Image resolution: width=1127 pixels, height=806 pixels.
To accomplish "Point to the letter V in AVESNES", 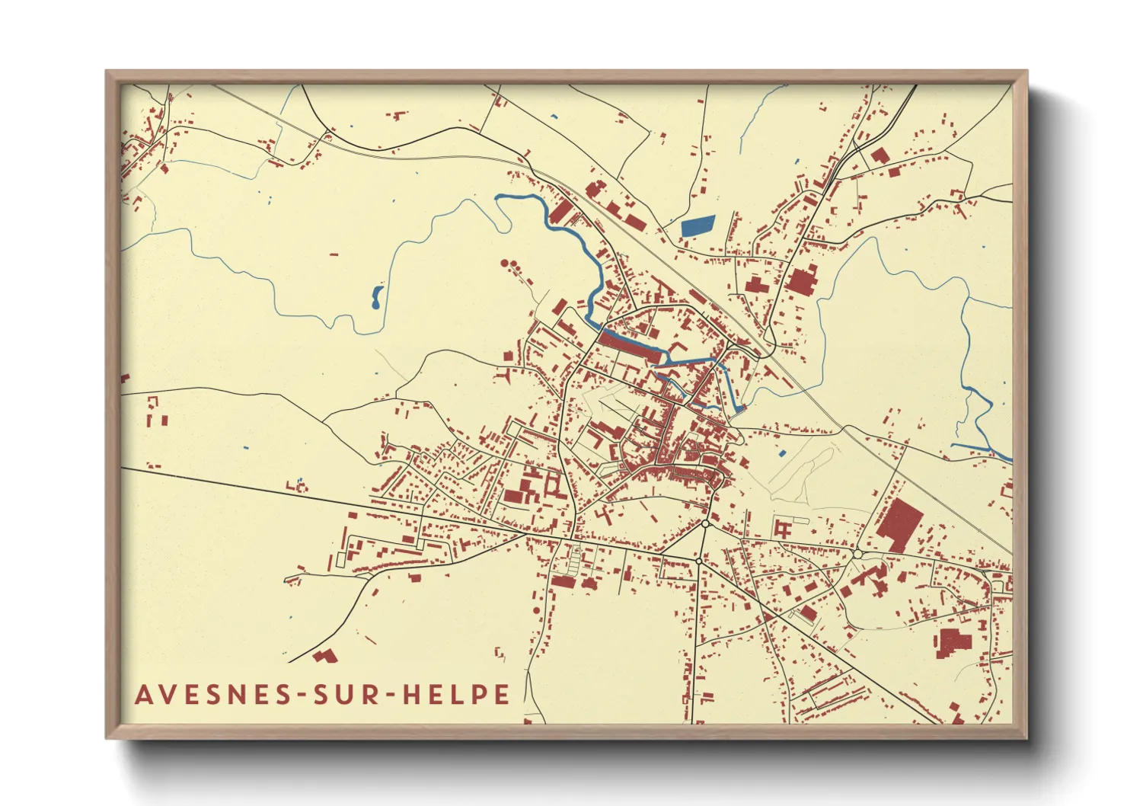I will pos(168,695).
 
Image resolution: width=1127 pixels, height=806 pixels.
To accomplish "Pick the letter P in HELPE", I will pos(477,695).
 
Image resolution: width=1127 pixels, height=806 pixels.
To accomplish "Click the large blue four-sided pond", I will pos(697,225).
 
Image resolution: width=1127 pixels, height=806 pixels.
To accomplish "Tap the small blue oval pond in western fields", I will pos(376,297).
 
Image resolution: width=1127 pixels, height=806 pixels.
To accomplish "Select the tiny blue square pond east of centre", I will pos(782,454).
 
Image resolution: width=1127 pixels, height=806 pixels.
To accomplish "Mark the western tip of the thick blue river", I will pos(498,197).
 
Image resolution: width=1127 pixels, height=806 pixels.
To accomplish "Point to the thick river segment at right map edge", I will pos(1004,456).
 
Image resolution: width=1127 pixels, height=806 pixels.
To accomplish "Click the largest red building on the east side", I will pos(899,524).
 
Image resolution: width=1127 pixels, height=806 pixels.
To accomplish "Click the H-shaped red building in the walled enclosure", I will pos(782,528).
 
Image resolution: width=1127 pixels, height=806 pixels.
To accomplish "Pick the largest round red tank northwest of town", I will pos(505,264).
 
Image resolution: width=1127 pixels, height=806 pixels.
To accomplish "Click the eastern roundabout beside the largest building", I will pos(857,554).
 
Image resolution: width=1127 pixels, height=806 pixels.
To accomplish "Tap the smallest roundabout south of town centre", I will pos(698,561).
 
